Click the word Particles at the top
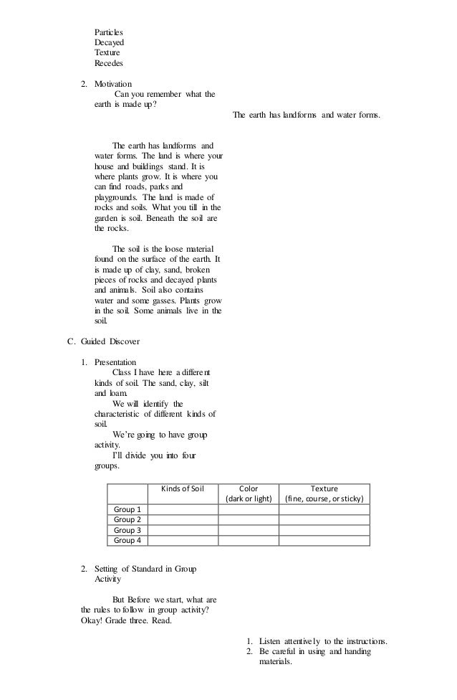108,32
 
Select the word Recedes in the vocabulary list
109,63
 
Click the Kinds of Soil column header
183,489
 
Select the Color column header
249,489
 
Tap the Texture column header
324,489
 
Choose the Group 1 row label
128,509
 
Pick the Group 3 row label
128,530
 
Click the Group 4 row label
128,540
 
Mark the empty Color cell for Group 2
249,520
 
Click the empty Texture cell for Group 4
324,540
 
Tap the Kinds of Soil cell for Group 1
183,509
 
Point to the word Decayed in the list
109,42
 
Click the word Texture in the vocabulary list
107,53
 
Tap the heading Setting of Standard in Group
146,569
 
